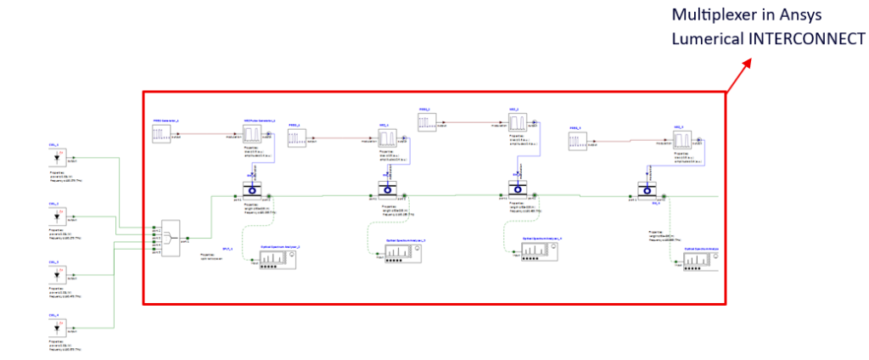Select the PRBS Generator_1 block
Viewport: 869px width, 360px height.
tap(163, 133)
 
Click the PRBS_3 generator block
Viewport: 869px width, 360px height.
tap(429, 124)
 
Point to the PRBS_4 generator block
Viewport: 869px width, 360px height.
tap(580, 142)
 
